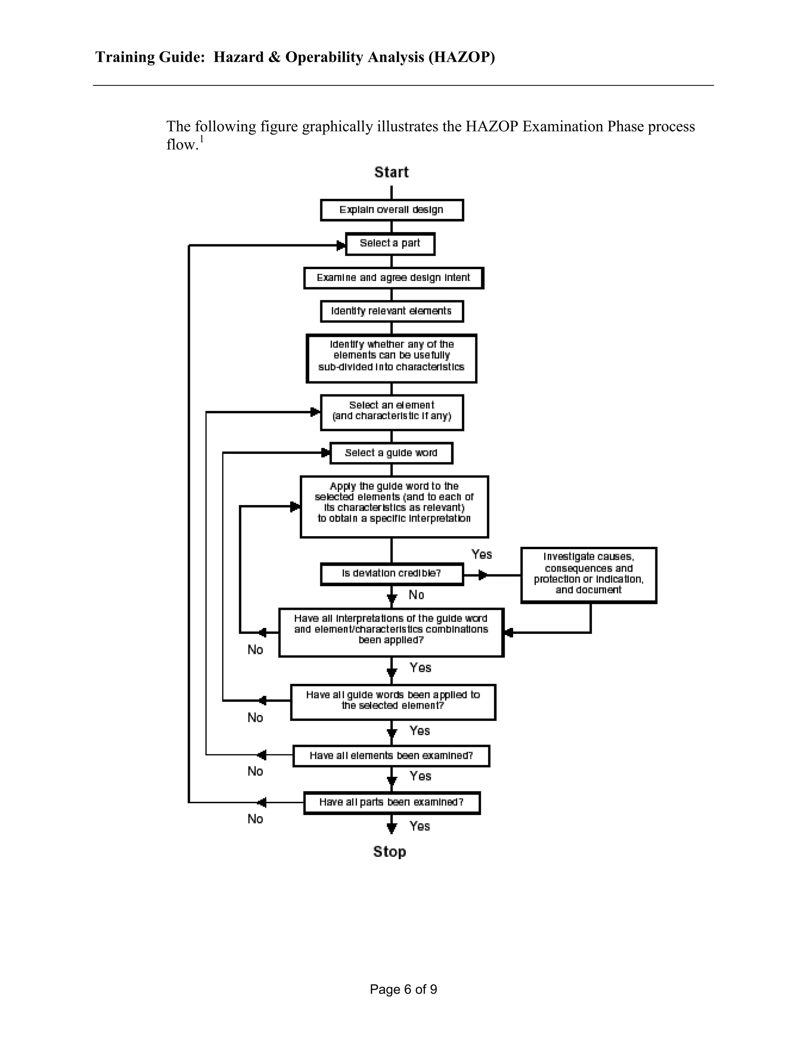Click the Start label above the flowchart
pyautogui.click(x=391, y=172)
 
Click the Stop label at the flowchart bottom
pyautogui.click(x=389, y=851)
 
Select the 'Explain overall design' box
pyautogui.click(x=392, y=210)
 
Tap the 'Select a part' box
pyautogui.click(x=390, y=244)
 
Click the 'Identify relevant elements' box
pyautogui.click(x=392, y=311)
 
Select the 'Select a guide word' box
pyautogui.click(x=391, y=453)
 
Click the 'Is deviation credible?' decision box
pyautogui.click(x=392, y=574)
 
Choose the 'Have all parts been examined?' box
pyautogui.click(x=392, y=802)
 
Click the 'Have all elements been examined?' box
pyautogui.click(x=391, y=755)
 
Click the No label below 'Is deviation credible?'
pyautogui.click(x=417, y=594)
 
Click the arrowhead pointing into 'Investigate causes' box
pyautogui.click(x=483, y=575)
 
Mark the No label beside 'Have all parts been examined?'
pyautogui.click(x=255, y=819)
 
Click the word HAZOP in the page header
pyautogui.click(x=462, y=57)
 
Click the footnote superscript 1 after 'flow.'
pyautogui.click(x=202, y=139)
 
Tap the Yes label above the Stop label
pyautogui.click(x=420, y=826)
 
